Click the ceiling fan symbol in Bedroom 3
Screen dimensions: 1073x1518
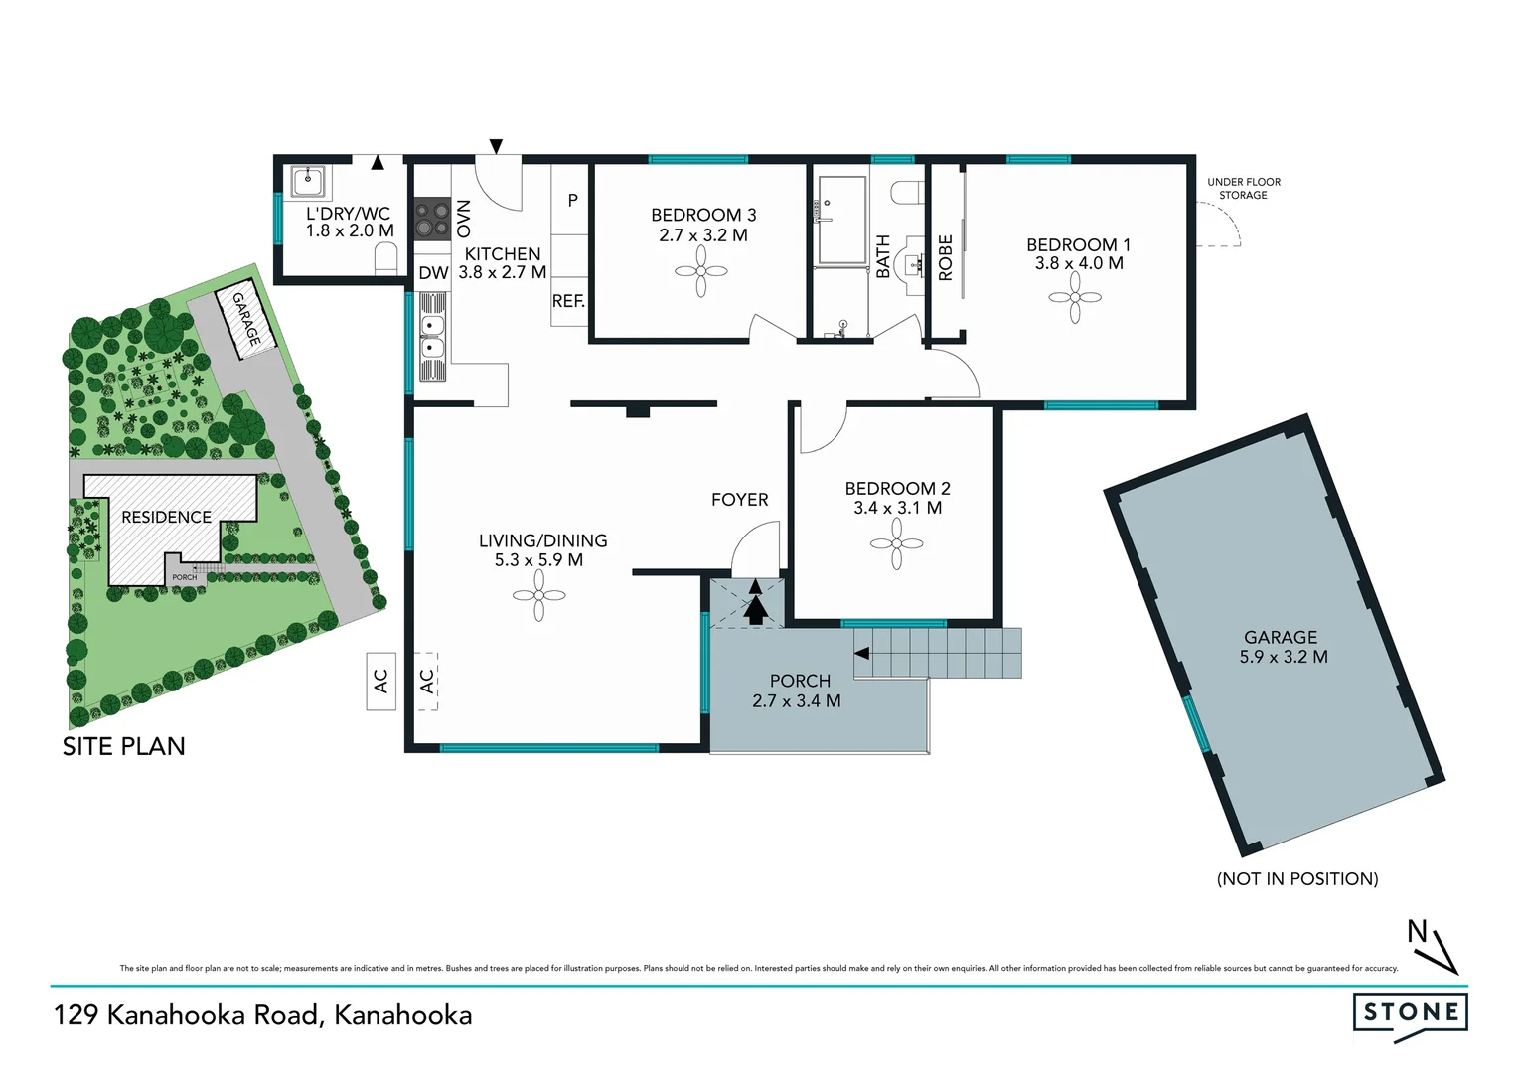click(x=701, y=271)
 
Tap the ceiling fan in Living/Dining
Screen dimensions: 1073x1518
click(x=538, y=596)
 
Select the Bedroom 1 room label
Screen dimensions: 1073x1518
click(x=1078, y=253)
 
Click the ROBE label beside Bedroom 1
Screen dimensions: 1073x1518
click(x=945, y=257)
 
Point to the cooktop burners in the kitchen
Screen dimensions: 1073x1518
click(x=432, y=219)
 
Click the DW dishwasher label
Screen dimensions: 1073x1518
click(x=433, y=273)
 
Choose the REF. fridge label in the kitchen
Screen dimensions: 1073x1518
click(x=568, y=301)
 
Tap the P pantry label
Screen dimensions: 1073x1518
click(x=572, y=201)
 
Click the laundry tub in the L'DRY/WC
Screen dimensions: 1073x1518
click(x=310, y=183)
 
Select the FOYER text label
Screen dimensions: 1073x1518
click(x=739, y=500)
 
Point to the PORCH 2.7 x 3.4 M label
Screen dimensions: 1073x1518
click(x=797, y=690)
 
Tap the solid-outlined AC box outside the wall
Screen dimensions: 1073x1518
click(x=380, y=681)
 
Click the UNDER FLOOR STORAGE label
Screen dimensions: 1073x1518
click(x=1243, y=189)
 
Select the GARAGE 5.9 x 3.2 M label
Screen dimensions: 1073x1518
click(x=1282, y=647)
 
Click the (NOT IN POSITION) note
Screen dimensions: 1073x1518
click(x=1296, y=878)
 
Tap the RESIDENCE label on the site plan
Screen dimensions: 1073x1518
click(x=166, y=517)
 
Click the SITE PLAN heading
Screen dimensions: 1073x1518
click(x=124, y=746)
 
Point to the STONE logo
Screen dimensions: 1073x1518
click(x=1410, y=1013)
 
